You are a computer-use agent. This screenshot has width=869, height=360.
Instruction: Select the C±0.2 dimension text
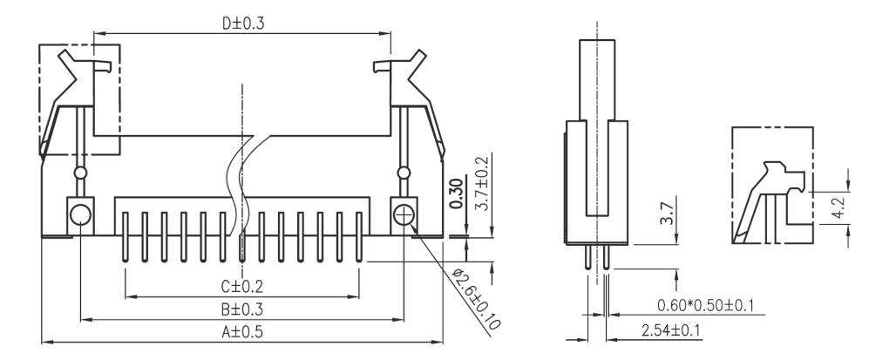tap(241, 286)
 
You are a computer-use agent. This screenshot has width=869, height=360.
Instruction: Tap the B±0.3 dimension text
tap(241, 309)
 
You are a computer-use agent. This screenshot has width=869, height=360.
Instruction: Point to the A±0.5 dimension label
tap(241, 331)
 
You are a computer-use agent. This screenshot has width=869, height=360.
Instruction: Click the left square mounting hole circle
tap(79, 214)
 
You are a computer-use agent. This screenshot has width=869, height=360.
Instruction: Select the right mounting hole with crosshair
tap(404, 214)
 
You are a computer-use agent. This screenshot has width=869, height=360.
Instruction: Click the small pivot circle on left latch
tap(80, 173)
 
